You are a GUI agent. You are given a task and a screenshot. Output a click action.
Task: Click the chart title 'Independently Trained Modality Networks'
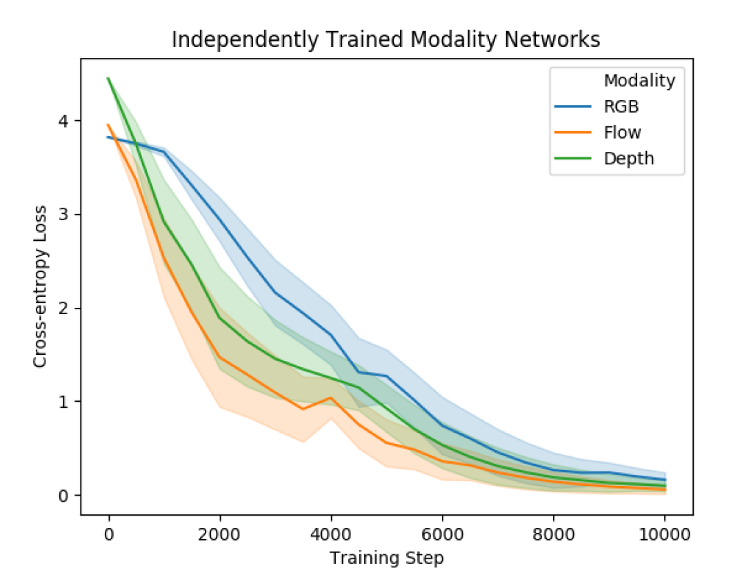coord(385,40)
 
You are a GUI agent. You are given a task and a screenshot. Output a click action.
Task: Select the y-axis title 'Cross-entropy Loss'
coord(41,286)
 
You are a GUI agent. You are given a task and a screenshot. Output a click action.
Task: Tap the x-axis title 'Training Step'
coord(386,557)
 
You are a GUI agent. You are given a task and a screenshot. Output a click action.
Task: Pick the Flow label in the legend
coord(622,132)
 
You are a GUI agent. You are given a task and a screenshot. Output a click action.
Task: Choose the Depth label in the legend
coord(628,158)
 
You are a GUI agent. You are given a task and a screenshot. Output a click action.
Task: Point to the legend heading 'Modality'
coord(639,81)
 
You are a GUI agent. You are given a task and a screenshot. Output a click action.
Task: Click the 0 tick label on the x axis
coord(109,534)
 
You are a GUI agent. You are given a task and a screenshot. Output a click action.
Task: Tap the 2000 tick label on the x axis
coord(220,534)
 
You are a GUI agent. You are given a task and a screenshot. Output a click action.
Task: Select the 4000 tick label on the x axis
coord(331,534)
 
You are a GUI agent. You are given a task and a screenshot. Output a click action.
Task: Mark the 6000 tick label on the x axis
coord(442,534)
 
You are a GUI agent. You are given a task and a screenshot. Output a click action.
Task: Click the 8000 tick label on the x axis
coord(553,534)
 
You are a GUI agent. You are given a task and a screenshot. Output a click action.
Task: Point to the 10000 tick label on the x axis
coord(664,534)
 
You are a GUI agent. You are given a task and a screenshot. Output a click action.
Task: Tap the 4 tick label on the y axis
coord(68,121)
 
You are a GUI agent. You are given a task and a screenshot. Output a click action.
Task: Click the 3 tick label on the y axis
coord(68,215)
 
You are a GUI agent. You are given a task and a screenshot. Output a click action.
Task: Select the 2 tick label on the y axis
coord(68,308)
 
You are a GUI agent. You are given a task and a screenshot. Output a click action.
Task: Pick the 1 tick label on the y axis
coord(68,402)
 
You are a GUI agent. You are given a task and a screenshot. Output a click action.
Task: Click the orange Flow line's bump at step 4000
coord(331,398)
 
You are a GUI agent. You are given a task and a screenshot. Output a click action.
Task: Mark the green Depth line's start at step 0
coord(109,78)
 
